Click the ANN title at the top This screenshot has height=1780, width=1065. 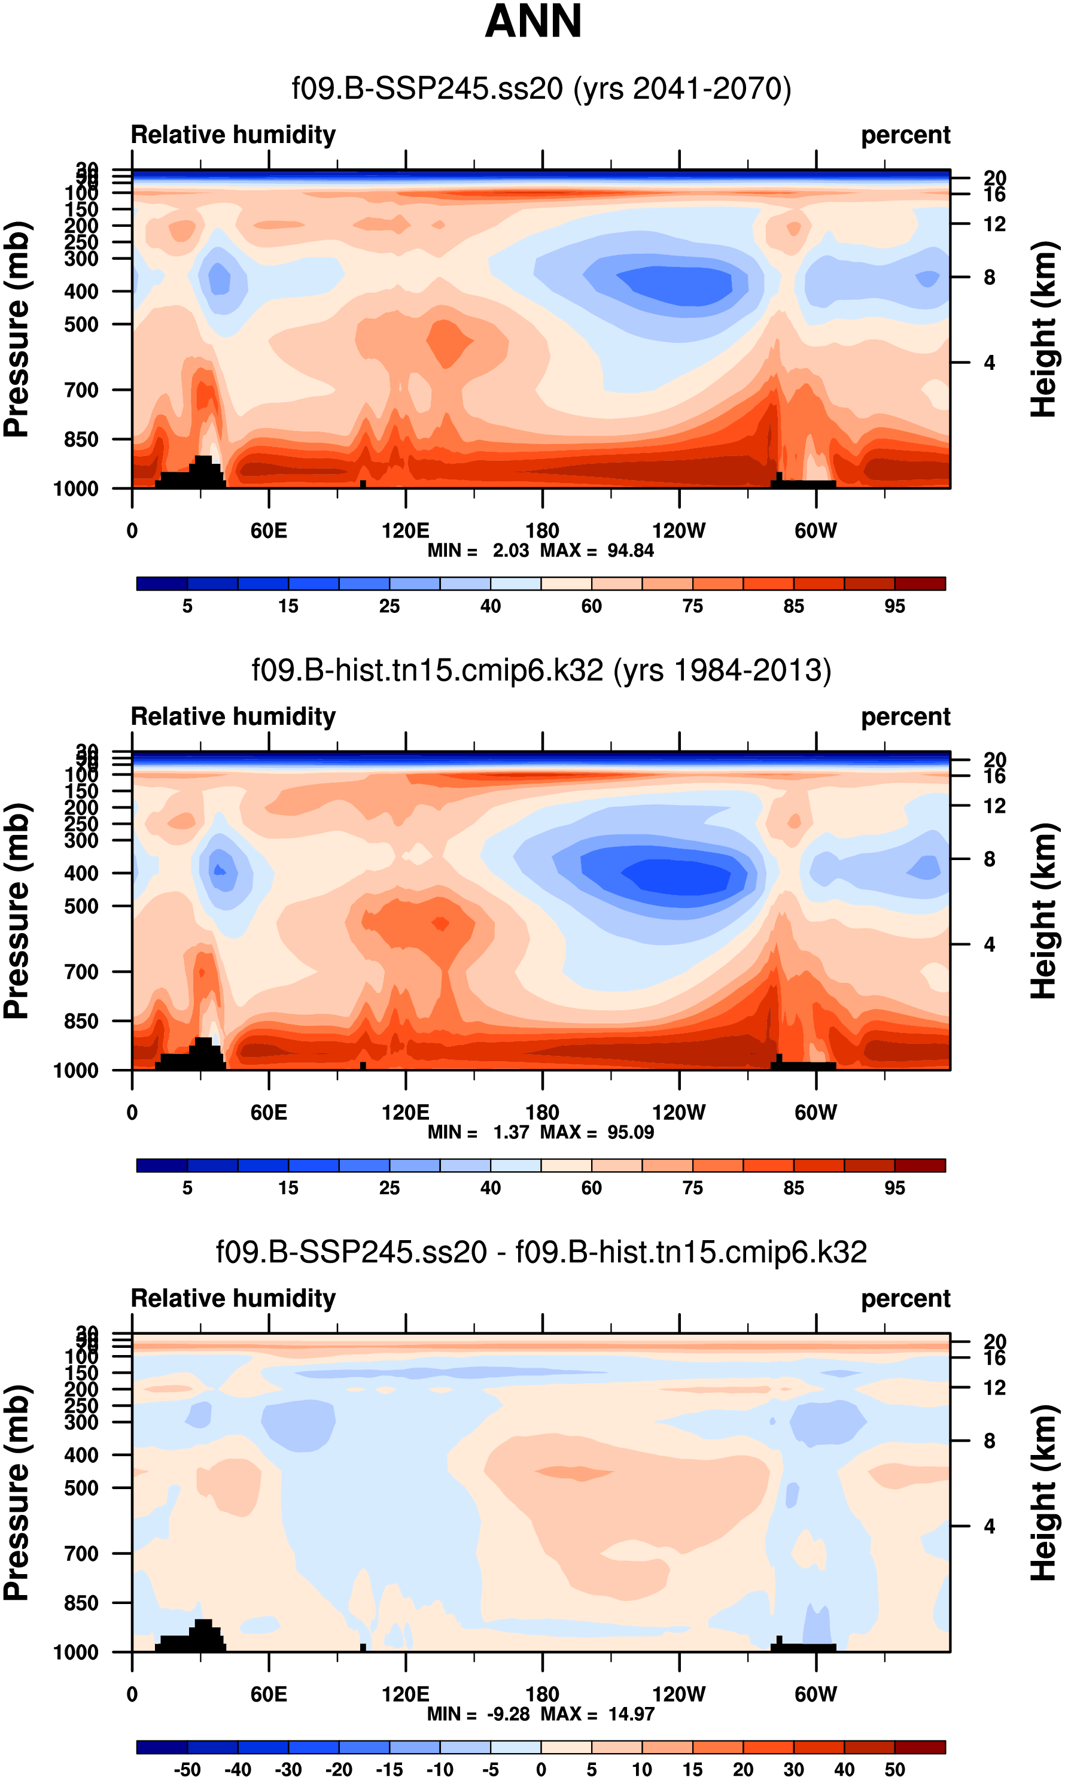(x=532, y=22)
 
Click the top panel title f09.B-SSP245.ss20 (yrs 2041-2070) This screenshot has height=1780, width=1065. (x=541, y=89)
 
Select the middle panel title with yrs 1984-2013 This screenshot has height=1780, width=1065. (x=541, y=670)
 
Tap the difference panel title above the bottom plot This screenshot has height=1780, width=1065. (x=541, y=1252)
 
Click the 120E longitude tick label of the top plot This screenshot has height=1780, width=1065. (x=406, y=531)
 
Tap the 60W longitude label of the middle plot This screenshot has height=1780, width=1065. (x=816, y=1113)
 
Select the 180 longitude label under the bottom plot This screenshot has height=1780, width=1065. (x=542, y=1694)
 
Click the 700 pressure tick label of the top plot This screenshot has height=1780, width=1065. (x=81, y=390)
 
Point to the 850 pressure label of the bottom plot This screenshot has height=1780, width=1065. (x=81, y=1603)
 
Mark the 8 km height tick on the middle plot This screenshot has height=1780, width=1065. (x=990, y=859)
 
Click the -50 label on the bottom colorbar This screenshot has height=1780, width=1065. (x=187, y=1770)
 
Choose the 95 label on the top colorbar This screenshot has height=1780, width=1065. (x=894, y=606)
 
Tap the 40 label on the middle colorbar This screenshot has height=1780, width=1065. (x=490, y=1188)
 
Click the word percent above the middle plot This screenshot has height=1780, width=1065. (x=905, y=717)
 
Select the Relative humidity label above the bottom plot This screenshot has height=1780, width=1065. (x=233, y=1298)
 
